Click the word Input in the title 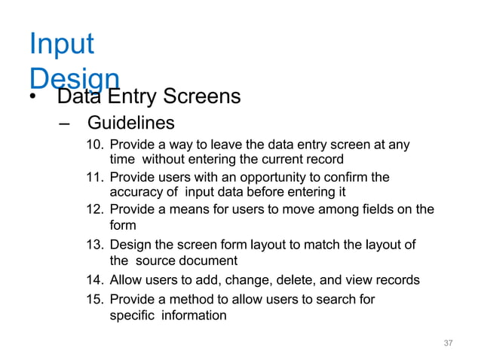click(x=62, y=44)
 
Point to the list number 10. click(x=95, y=145)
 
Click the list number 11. click(x=95, y=178)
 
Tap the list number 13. click(x=95, y=246)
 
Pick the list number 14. click(x=95, y=280)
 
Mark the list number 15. click(x=95, y=300)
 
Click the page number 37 click(x=448, y=343)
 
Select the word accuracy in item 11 click(x=135, y=192)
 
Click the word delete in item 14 click(x=277, y=280)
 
